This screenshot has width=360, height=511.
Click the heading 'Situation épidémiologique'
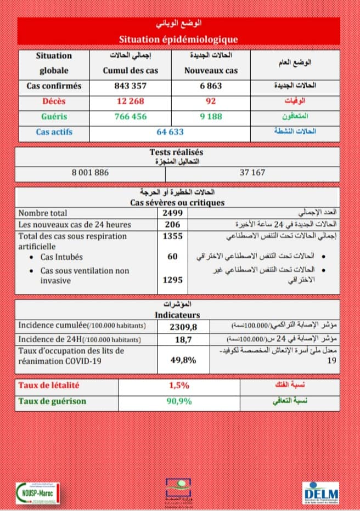click(178, 39)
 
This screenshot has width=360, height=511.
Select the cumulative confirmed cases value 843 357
click(131, 86)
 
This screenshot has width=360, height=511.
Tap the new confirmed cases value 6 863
click(211, 86)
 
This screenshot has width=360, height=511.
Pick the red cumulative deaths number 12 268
click(131, 101)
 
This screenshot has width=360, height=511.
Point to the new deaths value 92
click(211, 101)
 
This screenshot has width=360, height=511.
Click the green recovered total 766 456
click(131, 117)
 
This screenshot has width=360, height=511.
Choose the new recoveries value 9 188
click(211, 117)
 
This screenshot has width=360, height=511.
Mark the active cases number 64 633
click(170, 132)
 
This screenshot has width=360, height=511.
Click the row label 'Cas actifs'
click(54, 132)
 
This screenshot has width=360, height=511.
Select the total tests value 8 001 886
click(91, 172)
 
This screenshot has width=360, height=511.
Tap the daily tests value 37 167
click(252, 172)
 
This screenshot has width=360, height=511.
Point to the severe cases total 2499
click(172, 213)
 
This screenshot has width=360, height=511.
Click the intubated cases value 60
click(172, 257)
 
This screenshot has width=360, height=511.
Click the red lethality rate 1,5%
click(179, 385)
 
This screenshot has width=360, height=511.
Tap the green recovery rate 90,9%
click(179, 401)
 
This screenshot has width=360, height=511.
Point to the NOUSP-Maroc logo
click(37, 491)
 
